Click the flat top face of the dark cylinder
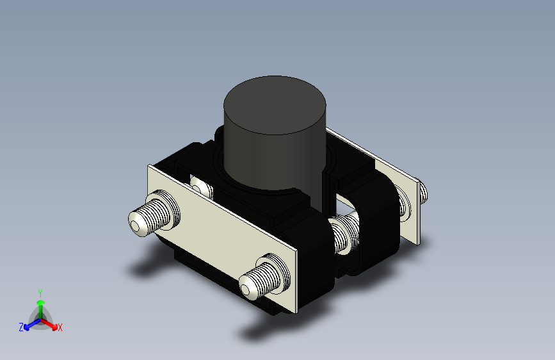tap(275, 105)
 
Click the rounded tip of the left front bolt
tap(136, 224)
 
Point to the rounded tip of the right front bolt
tap(246, 287)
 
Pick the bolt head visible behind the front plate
tap(202, 187)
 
